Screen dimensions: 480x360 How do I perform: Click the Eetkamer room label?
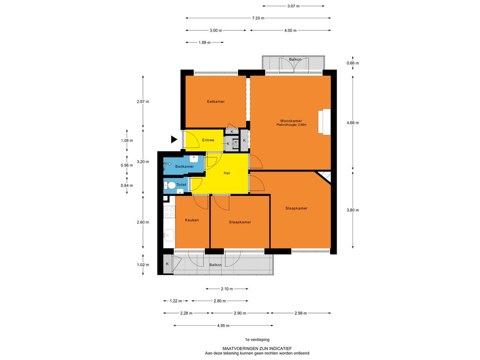coord(216,101)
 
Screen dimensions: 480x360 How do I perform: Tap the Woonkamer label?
coord(291,121)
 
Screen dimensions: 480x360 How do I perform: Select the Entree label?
coord(208,140)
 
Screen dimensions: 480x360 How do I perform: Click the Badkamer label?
coord(184,166)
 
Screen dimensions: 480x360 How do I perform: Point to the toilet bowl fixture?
coord(170,185)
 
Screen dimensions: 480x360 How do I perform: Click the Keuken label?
coord(192,220)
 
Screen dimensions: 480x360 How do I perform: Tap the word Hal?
coord(227,173)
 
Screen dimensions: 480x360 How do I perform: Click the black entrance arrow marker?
coord(174,139)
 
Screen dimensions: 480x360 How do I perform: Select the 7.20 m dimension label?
coord(258,18)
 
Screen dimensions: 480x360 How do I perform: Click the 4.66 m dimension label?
coord(352,123)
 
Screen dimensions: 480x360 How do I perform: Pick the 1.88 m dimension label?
coord(204,43)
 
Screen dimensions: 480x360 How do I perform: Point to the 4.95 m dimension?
coord(223,325)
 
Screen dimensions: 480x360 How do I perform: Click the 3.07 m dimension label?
coord(293,6)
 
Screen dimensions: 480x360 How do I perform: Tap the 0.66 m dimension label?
coord(352,63)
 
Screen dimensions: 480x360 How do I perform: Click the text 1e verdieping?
coord(257,339)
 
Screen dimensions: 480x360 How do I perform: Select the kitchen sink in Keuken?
coord(169,235)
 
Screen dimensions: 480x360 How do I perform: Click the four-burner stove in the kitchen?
coord(169,212)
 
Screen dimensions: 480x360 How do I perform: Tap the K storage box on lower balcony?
coord(167,263)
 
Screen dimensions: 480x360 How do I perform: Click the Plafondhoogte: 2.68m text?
coord(292,125)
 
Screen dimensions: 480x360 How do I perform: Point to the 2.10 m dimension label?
coord(227,289)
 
